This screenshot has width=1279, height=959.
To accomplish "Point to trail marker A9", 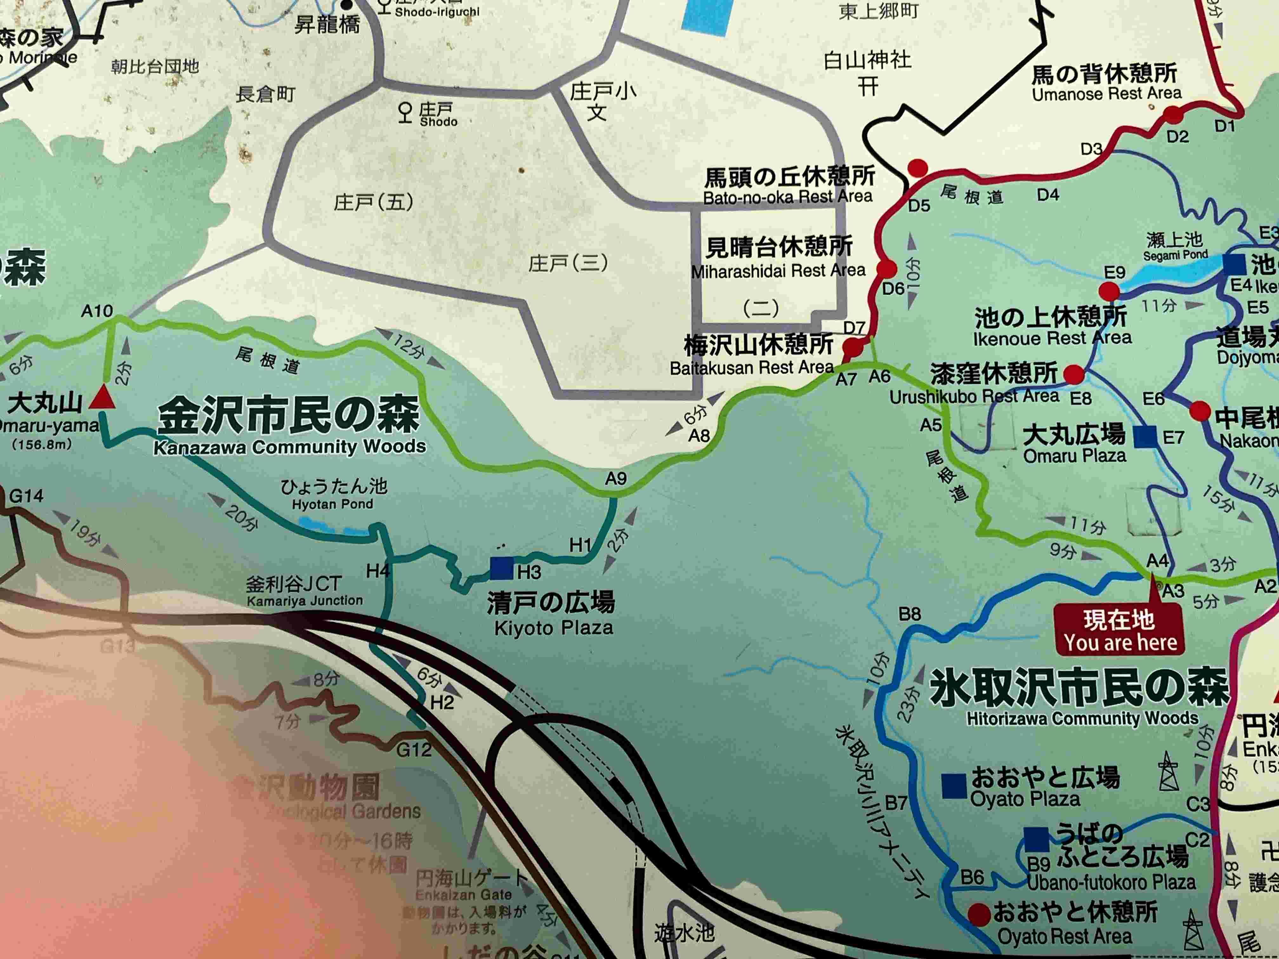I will tap(616, 479).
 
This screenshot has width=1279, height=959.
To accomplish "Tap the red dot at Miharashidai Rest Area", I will tap(886, 268).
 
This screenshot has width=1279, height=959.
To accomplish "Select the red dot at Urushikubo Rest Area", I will tap(1074, 374).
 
